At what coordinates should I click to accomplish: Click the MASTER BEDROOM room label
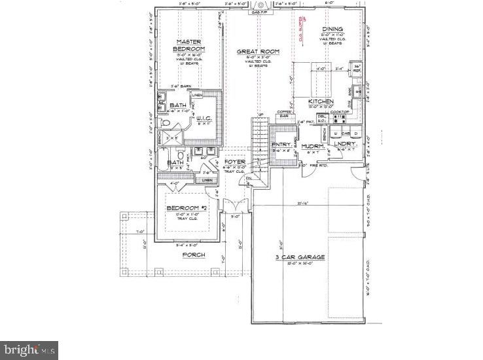188,45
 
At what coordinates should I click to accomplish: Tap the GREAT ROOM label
258,51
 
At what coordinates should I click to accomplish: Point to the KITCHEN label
321,101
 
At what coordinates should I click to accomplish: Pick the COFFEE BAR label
283,115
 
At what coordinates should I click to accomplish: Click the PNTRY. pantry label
281,145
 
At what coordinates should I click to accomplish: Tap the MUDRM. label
313,146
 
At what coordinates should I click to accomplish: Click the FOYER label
234,161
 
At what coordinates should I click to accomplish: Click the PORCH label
194,255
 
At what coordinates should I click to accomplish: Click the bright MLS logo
29,350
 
